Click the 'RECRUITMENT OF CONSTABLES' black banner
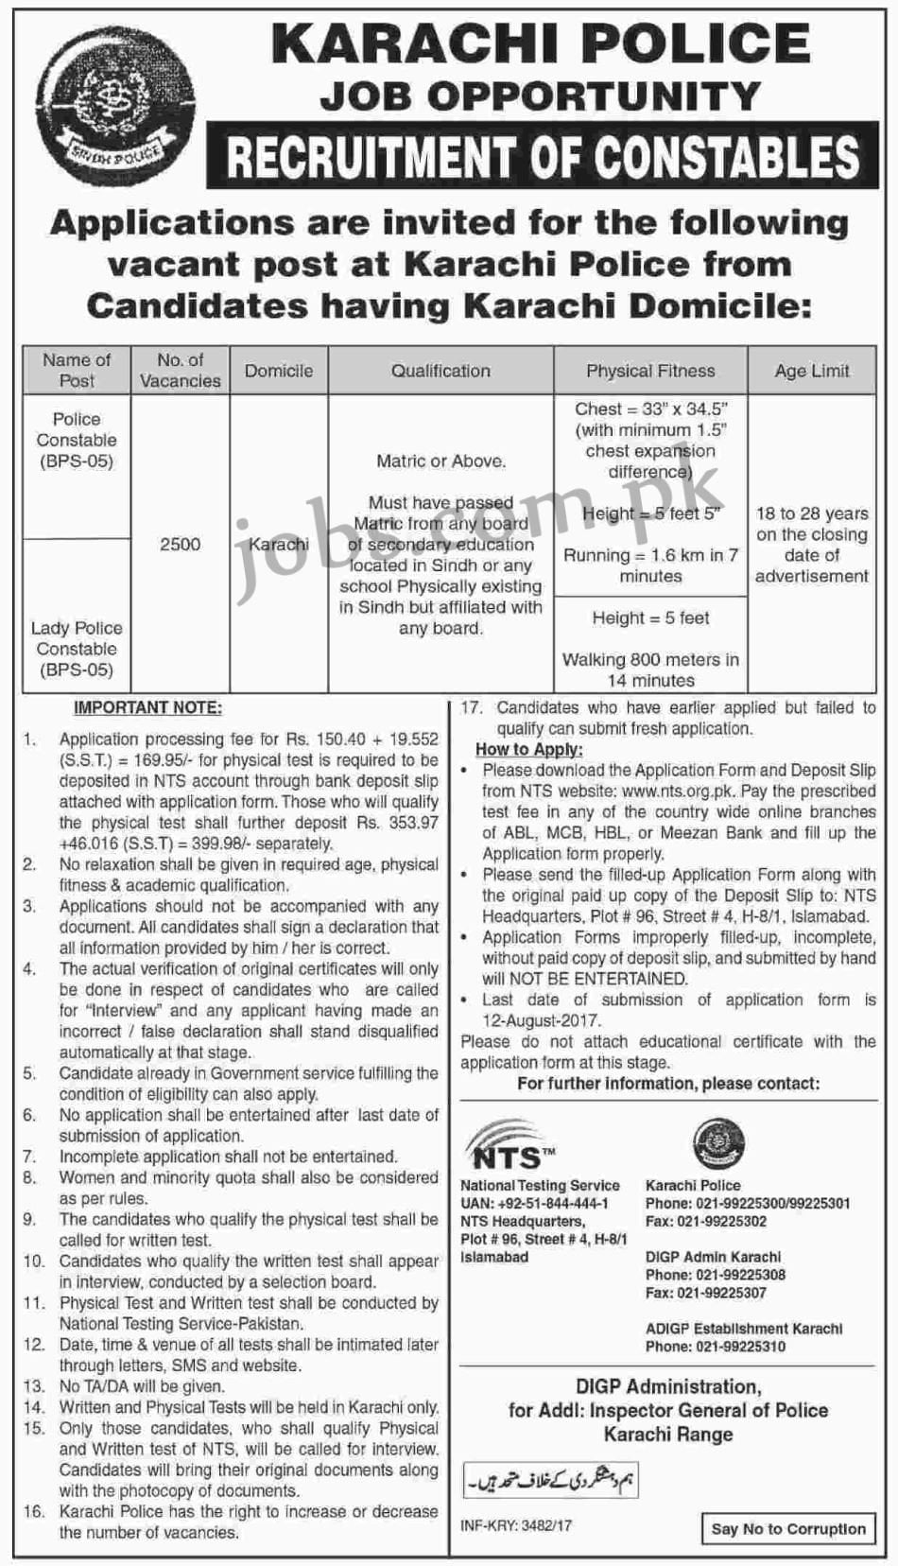point(542,157)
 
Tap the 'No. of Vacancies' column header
point(180,371)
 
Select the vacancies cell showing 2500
point(180,544)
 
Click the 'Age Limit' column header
point(812,371)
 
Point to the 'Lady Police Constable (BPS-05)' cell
point(77,649)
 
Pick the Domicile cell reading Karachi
point(279,544)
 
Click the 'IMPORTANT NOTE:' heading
point(148,708)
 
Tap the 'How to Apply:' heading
point(528,749)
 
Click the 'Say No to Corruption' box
point(788,1528)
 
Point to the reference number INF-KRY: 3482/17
point(516,1525)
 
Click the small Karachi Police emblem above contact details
point(718,1143)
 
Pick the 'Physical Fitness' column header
point(650,371)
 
